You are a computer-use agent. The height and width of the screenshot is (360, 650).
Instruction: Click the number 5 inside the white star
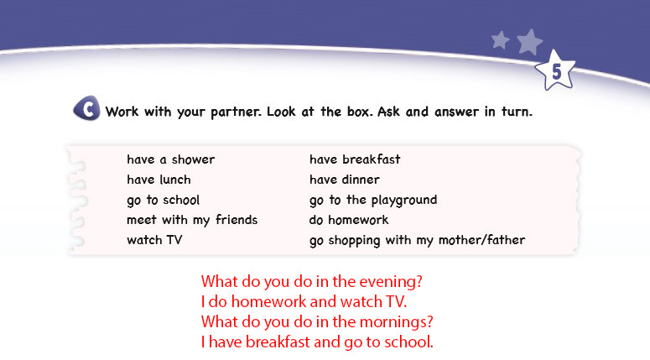click(556, 72)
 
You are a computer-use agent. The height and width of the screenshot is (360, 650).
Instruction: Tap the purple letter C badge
click(86, 108)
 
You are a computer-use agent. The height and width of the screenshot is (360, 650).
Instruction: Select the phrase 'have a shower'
click(171, 159)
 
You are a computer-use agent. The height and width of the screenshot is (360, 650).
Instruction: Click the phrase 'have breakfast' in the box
click(355, 159)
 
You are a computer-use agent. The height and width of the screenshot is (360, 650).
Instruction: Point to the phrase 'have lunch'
click(159, 180)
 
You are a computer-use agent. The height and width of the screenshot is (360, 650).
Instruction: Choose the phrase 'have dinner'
click(345, 180)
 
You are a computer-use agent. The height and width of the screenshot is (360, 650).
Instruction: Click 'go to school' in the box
click(164, 201)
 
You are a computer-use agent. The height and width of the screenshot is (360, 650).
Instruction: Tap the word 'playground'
click(404, 201)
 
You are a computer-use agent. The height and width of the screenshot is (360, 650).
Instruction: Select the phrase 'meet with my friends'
click(192, 220)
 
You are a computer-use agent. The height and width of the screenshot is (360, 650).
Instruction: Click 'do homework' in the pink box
click(349, 220)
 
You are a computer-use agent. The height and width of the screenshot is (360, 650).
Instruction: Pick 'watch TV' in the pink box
click(154, 240)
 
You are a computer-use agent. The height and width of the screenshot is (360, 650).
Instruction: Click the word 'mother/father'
click(481, 240)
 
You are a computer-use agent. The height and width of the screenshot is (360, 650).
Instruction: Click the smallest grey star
click(501, 40)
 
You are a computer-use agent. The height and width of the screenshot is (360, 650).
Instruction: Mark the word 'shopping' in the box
click(355, 241)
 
